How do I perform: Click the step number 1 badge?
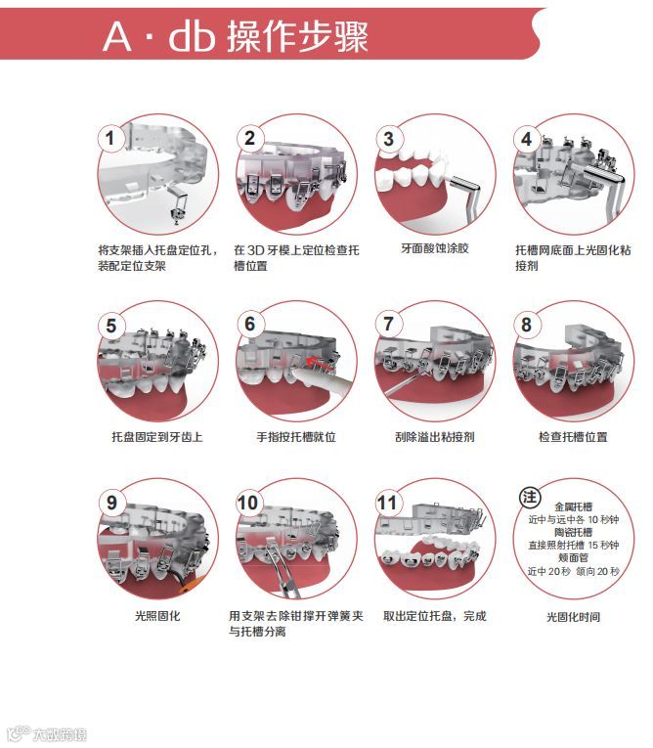coord(110,139)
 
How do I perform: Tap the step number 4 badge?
coord(527,139)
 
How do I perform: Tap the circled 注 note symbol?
coord(530,497)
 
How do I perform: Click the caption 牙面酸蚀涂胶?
coord(435,248)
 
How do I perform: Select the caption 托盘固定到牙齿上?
coord(157,437)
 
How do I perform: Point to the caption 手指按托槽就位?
coord(296,437)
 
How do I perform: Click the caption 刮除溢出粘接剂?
coord(435,437)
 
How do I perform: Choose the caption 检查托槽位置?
coord(573,437)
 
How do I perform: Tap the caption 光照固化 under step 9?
coord(157,616)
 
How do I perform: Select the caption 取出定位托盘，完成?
coord(435,616)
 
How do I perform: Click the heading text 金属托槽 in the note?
coord(573,506)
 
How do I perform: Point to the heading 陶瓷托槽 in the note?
coord(573,532)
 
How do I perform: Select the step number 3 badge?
coord(388,139)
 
